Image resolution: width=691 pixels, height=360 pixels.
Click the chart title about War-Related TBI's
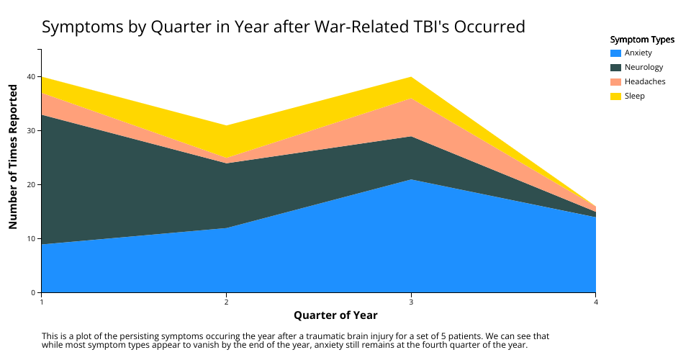pos(284,27)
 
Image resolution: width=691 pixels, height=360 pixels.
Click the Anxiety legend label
pos(638,53)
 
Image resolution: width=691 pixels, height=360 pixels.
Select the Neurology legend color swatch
pos(615,68)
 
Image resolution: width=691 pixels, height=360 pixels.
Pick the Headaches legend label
pos(645,81)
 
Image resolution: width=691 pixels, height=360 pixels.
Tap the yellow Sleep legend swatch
pos(615,96)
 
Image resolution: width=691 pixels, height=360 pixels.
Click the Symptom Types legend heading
pos(642,40)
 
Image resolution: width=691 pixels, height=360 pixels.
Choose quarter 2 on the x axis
pos(226,302)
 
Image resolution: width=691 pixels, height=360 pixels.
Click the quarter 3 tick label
pos(411,302)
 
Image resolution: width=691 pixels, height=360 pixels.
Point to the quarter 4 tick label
pos(595,302)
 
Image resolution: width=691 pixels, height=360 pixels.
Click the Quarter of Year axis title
pos(335,315)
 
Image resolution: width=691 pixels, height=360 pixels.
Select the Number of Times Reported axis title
pos(13,156)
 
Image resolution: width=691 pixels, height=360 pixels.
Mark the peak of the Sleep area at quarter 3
pos(411,78)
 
